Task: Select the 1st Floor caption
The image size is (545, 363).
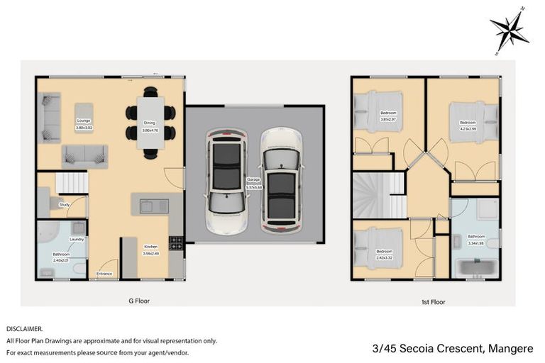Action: tap(433, 302)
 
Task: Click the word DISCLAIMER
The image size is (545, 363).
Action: tap(25, 329)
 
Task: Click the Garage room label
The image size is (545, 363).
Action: tap(253, 182)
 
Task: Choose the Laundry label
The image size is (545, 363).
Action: tap(77, 240)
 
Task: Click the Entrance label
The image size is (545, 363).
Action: tap(104, 273)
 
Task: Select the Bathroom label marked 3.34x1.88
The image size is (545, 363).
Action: tap(475, 238)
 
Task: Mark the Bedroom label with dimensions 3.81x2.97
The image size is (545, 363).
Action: tap(389, 116)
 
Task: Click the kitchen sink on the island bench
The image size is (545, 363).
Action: tap(151, 206)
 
